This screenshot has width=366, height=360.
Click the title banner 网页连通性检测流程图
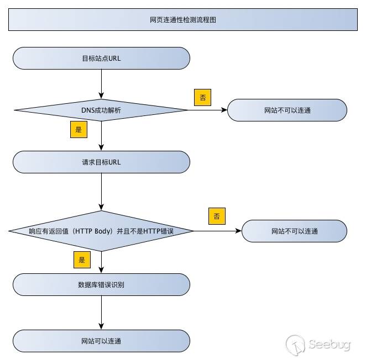point(182,19)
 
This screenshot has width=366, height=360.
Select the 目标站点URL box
point(101,57)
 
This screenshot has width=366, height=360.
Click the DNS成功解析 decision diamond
point(101,110)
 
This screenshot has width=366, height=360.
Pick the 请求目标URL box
point(101,162)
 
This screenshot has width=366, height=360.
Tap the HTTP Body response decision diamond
point(101,231)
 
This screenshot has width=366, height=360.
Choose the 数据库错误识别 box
point(101,285)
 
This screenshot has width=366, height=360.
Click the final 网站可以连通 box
point(101,341)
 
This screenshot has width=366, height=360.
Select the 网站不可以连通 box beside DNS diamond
point(287,110)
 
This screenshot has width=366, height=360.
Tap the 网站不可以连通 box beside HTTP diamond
point(294,231)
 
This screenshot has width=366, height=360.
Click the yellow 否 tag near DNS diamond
point(202,98)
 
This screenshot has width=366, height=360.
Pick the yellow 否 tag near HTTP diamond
point(217,216)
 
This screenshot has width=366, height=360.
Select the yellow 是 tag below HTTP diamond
point(81,259)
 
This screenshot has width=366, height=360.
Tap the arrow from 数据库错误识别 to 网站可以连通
point(102,313)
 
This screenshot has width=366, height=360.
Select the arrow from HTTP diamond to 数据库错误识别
point(102,262)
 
